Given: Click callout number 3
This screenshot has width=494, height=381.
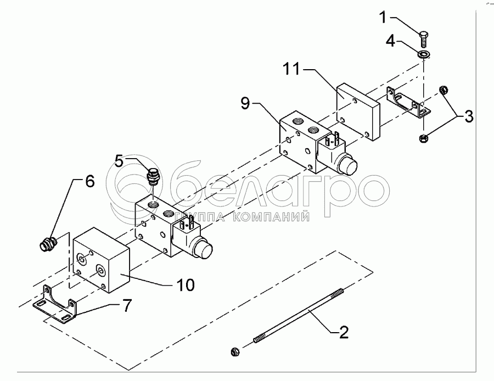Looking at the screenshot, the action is [x=468, y=116].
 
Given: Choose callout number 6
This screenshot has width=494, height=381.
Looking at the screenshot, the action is [x=89, y=181].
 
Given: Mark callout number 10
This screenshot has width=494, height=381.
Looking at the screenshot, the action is [x=185, y=285].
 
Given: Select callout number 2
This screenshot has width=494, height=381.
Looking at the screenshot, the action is [x=343, y=332].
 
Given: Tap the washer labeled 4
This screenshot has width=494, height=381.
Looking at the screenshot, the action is [x=423, y=54].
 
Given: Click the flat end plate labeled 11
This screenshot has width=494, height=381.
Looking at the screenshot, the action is [x=357, y=113].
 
